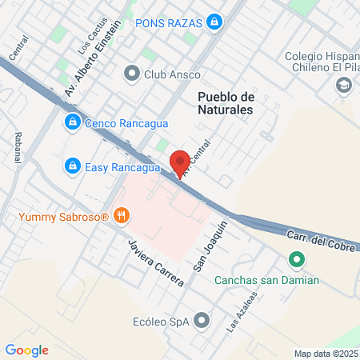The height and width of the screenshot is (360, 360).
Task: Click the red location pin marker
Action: (179, 162)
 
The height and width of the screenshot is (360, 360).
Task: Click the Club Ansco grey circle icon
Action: (131, 74)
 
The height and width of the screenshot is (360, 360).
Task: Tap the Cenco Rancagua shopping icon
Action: (72, 122)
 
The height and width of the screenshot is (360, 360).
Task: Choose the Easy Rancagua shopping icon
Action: (72, 165)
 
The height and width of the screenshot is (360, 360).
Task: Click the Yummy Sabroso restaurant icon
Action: (122, 214)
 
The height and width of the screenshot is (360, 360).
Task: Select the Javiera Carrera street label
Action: (157, 262)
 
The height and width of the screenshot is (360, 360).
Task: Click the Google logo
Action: (26, 350)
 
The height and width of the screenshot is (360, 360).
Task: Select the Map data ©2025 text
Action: (325, 354)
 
